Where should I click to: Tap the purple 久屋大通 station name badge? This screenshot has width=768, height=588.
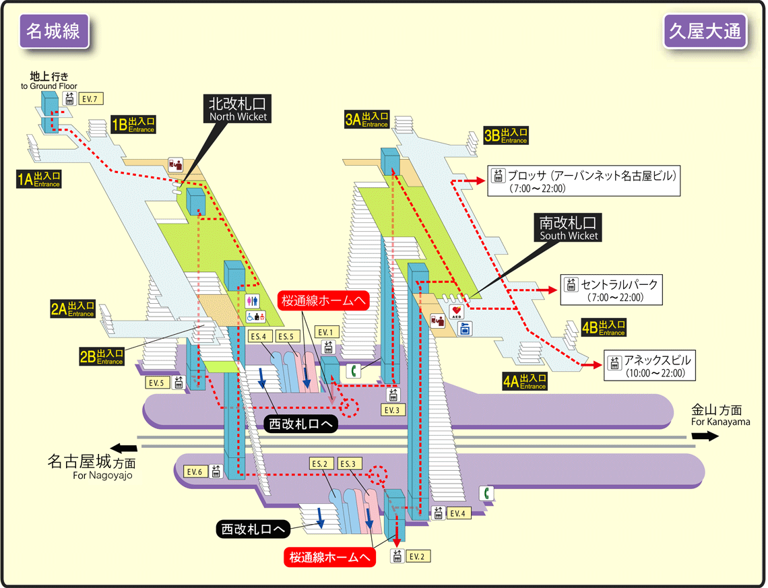(705, 32)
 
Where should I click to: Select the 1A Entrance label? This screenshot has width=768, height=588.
(39, 178)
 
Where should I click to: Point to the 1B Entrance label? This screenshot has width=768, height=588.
(133, 125)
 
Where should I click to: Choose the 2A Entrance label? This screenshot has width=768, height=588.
(73, 309)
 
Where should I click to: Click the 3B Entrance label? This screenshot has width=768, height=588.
(505, 135)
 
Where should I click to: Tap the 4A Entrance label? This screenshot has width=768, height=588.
(525, 381)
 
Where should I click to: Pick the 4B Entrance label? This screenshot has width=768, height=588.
(604, 328)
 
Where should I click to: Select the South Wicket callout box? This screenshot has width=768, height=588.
(568, 228)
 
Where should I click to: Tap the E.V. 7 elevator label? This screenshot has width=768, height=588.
(90, 99)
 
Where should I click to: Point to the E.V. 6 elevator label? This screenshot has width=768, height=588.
(195, 471)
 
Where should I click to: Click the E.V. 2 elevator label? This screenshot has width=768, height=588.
(417, 556)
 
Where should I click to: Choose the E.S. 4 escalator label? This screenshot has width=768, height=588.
(261, 336)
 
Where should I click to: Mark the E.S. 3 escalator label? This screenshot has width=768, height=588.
(350, 463)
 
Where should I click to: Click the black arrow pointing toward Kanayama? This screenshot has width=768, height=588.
(705, 436)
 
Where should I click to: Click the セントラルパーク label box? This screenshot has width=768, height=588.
(610, 290)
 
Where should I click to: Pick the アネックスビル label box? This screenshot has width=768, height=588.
(650, 365)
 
